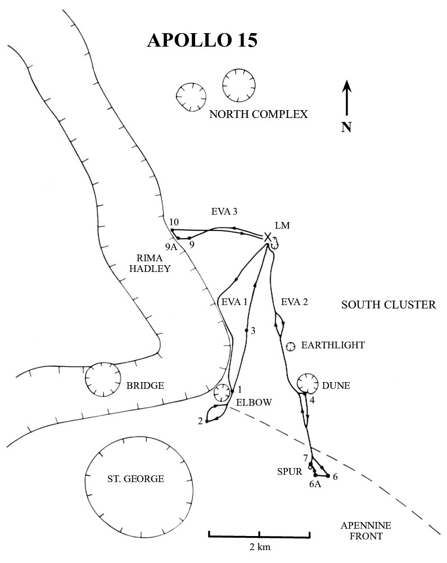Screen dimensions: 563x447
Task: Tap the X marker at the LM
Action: [268, 237]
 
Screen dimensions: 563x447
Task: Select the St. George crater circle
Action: [136, 479]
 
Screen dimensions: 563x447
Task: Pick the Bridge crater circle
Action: [102, 379]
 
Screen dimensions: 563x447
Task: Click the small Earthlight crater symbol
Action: [291, 346]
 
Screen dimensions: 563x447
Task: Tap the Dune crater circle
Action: [308, 383]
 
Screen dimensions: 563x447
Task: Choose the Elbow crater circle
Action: [222, 392]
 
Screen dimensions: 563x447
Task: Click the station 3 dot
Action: [246, 330]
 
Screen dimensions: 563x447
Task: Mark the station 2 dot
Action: [207, 421]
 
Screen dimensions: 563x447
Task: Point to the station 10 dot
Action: [172, 230]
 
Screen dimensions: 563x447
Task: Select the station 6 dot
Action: [328, 476]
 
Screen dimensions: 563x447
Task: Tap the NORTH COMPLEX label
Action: [258, 115]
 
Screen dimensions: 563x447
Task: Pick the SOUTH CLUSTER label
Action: [389, 305]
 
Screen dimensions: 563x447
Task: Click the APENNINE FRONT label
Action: [365, 531]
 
